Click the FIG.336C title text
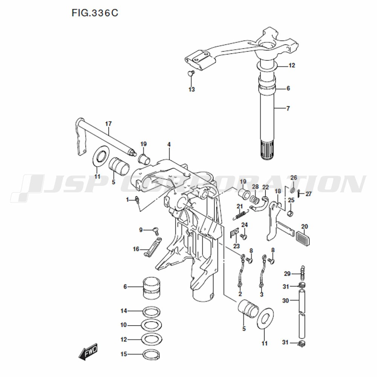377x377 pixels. pyautogui.click(x=95, y=13)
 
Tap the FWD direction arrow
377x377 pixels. pyautogui.click(x=88, y=351)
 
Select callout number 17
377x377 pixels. pyautogui.click(x=109, y=124)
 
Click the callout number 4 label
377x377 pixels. pyautogui.click(x=169, y=144)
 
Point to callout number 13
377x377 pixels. pyautogui.click(x=192, y=89)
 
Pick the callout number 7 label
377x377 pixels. pyautogui.click(x=288, y=109)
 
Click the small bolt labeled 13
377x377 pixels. pyautogui.click(x=190, y=73)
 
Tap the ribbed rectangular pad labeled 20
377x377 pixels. pyautogui.click(x=303, y=238)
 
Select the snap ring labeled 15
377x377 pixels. pyautogui.click(x=152, y=354)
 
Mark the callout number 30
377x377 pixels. pyautogui.click(x=285, y=300)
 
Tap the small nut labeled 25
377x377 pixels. pyautogui.click(x=290, y=213)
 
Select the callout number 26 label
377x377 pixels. pyautogui.click(x=294, y=178)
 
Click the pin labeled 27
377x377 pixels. pyautogui.click(x=298, y=193)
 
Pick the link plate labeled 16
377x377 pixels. pyautogui.click(x=153, y=247)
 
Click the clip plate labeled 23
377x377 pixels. pyautogui.click(x=234, y=233)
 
